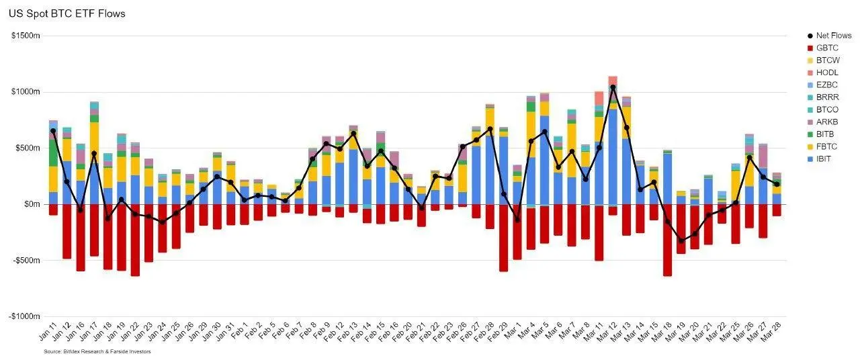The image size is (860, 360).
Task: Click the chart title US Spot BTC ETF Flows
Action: click(x=67, y=13)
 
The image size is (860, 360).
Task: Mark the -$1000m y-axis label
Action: click(x=24, y=316)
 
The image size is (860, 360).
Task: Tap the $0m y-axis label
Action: click(x=31, y=204)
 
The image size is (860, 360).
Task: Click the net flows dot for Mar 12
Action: click(x=613, y=87)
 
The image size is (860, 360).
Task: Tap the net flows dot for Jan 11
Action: click(x=53, y=131)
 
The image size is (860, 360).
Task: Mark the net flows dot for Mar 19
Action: click(x=681, y=240)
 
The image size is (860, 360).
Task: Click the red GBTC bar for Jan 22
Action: click(x=135, y=240)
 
